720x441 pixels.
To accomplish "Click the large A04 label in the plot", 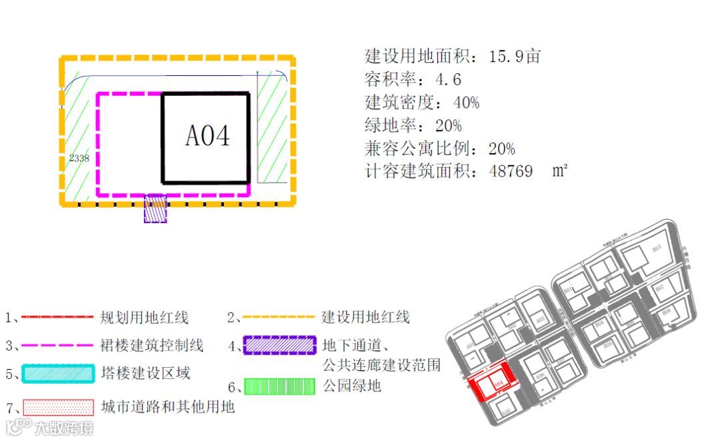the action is (207, 136).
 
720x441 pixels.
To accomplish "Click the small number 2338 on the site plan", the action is (79, 158).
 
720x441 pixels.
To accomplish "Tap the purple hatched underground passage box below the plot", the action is (155, 208).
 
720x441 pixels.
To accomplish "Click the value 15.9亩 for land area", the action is (514, 57).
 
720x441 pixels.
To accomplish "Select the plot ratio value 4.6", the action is (448, 80).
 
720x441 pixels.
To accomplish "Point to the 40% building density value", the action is (466, 103).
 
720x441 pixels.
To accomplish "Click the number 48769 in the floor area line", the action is (511, 171).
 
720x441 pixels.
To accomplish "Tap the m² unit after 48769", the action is (560, 171).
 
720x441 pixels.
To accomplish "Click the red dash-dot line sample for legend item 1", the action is (57, 317).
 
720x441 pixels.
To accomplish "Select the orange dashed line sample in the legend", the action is (278, 317).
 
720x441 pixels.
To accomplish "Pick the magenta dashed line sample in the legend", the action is (57, 345).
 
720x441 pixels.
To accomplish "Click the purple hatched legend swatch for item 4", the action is (279, 345).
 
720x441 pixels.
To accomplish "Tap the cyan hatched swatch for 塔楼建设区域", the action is (58, 373).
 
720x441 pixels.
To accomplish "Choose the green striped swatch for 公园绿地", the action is (279, 386).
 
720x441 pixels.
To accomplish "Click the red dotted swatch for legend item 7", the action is (58, 406).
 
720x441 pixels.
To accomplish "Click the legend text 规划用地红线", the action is (144, 317).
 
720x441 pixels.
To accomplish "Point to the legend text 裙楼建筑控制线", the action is (152, 345).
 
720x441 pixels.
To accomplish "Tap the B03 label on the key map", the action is (656, 248).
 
